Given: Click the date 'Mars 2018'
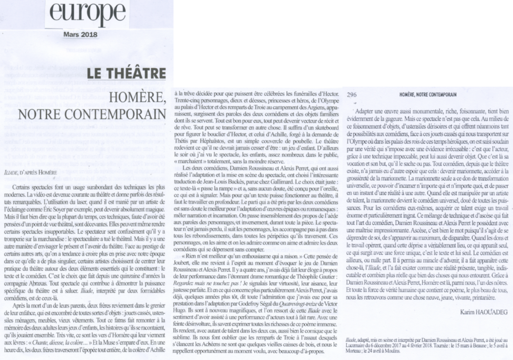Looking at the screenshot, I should tap(81, 34).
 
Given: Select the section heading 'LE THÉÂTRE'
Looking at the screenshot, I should tap(126, 74).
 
